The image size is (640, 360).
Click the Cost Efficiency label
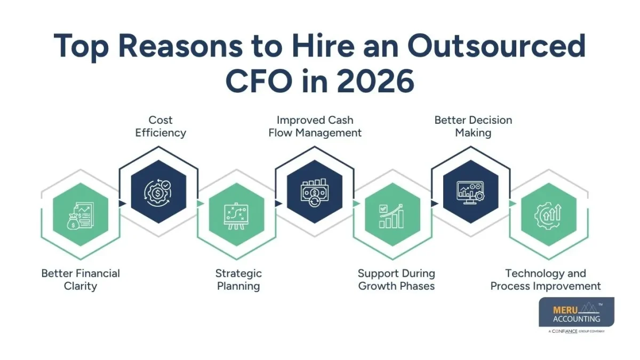[161, 126]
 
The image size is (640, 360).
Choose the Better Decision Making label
[473, 126]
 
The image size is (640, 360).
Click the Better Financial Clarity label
[81, 279]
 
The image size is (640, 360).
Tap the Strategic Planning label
[238, 279]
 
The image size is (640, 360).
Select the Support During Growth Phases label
[396, 279]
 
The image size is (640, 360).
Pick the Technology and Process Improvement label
[546, 279]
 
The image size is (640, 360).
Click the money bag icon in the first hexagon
[81, 217]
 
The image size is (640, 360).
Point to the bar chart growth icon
[392, 217]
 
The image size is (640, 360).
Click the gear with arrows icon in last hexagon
[548, 217]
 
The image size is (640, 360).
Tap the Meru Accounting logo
[577, 312]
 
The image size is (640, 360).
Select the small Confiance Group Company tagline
[577, 331]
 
